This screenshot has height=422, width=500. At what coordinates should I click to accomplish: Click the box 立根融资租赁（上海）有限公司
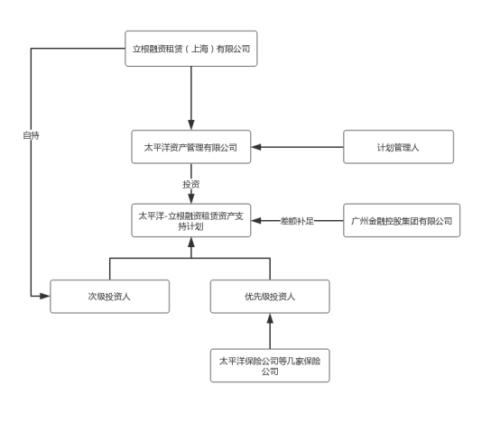[x=190, y=49]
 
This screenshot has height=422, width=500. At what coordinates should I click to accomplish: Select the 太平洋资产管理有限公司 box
[x=190, y=147]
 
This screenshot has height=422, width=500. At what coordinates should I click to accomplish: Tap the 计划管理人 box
[x=398, y=147]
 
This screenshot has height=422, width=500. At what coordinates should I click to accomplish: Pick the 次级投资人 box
[x=109, y=296]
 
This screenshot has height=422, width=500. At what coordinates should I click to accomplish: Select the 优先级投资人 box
[x=269, y=296]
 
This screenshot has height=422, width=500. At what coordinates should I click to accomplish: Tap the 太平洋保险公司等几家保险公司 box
[x=269, y=365]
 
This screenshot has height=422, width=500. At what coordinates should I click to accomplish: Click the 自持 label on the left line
[x=31, y=135]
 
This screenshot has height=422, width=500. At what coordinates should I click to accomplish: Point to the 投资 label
[x=190, y=184]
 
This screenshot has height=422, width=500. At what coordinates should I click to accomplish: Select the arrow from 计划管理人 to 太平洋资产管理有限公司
[x=298, y=147]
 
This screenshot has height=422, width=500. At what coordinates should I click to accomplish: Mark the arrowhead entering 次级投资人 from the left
[x=44, y=296]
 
